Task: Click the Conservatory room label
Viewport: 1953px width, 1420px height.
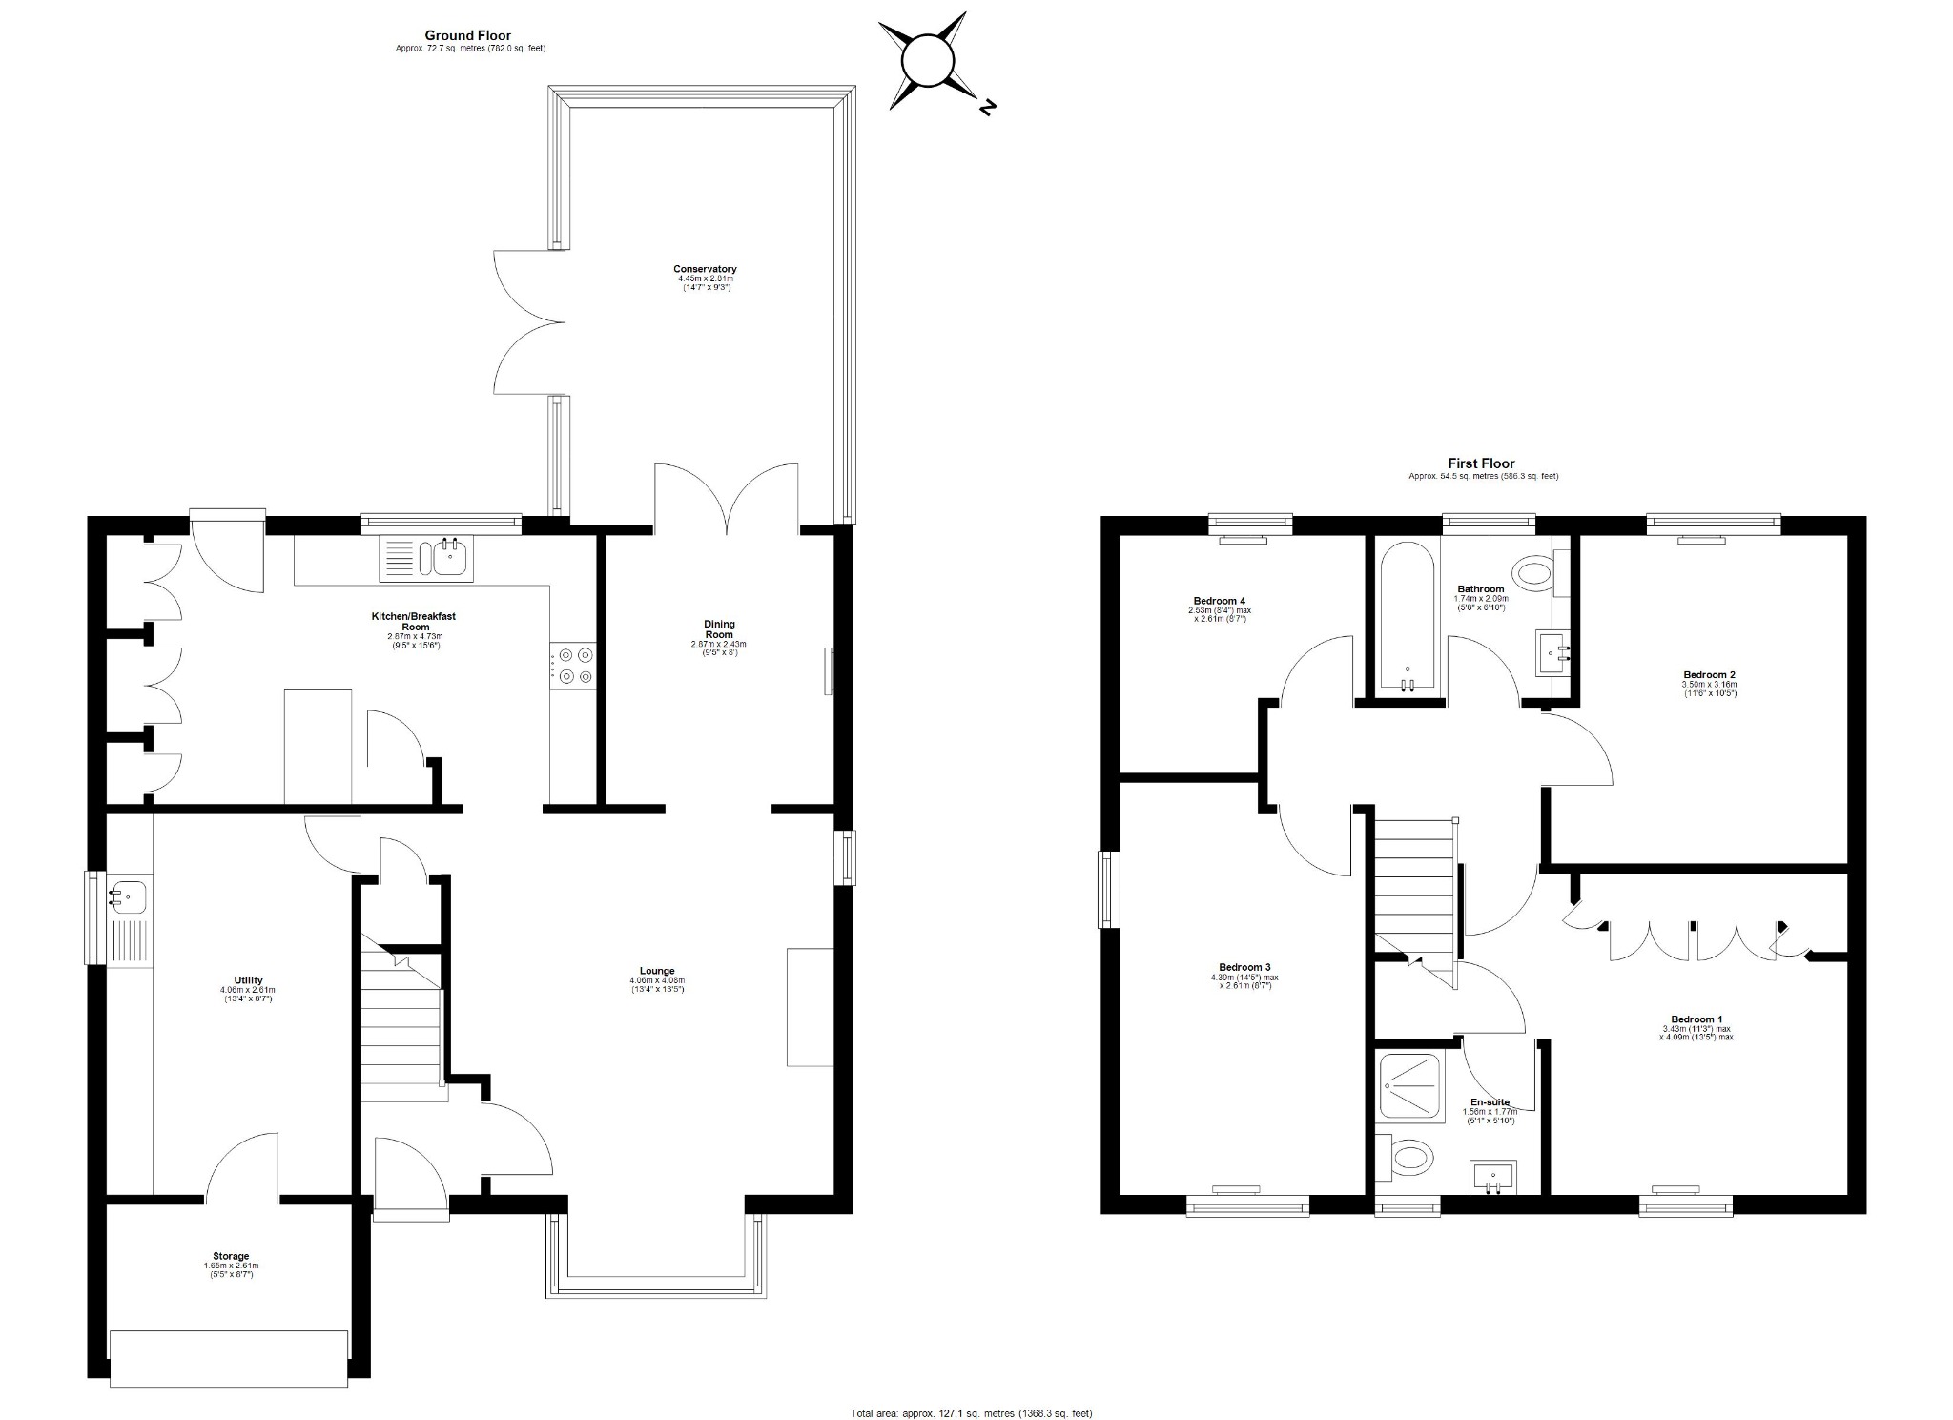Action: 705,269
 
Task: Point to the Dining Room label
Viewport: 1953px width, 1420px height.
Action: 719,629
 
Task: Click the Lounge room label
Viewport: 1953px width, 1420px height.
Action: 658,971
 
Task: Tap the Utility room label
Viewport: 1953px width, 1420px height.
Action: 248,980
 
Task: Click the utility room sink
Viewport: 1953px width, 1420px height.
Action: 128,896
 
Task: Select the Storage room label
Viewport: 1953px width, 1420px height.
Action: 231,1256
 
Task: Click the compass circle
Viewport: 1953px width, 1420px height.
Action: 927,61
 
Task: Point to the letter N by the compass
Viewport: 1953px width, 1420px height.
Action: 988,108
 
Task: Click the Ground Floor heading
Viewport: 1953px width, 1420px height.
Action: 469,36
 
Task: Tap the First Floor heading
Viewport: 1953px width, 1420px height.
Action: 1482,463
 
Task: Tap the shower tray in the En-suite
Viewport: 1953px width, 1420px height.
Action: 1409,1085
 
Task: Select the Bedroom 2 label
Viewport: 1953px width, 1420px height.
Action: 1709,674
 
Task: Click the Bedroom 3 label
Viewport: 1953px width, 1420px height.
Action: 1244,967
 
